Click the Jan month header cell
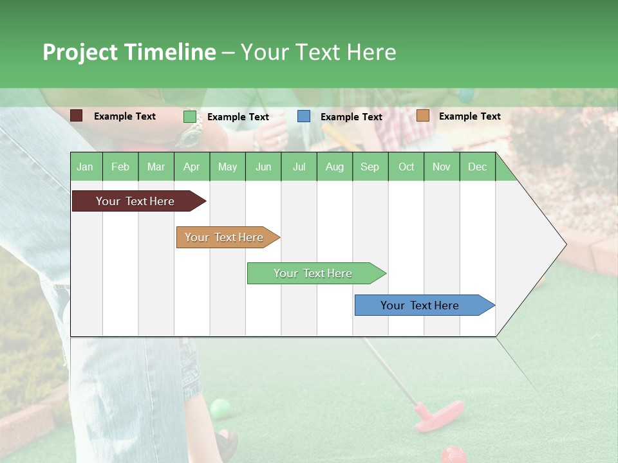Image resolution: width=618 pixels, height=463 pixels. (86, 167)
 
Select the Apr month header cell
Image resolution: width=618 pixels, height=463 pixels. (192, 167)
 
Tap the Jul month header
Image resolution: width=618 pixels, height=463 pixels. (299, 167)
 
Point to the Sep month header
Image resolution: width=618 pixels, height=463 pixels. (370, 167)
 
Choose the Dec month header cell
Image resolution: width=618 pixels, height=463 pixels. (477, 167)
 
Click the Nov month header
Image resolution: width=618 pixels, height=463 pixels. (442, 167)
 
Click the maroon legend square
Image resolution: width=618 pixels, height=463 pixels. (77, 116)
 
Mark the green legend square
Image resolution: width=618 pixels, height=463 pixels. (189, 116)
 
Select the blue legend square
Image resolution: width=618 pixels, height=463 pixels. (304, 116)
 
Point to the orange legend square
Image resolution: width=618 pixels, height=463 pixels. (422, 116)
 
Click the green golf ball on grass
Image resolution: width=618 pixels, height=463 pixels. (220, 408)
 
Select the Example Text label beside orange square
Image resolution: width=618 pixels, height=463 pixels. (470, 116)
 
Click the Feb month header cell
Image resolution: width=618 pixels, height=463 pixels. (120, 167)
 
